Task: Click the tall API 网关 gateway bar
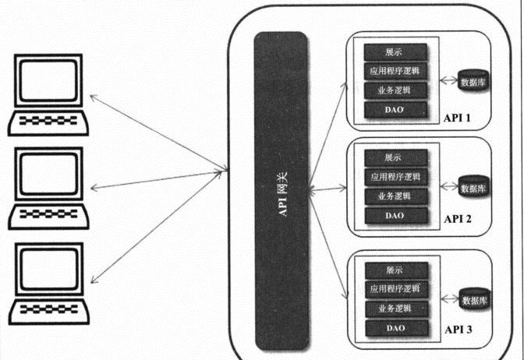point(281,191)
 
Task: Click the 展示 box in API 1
point(395,53)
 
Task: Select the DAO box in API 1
point(395,110)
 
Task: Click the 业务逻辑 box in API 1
point(395,90)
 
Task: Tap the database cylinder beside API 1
point(474,80)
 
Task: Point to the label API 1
point(458,118)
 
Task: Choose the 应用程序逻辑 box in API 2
point(395,175)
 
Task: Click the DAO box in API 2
point(395,214)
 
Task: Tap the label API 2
point(458,221)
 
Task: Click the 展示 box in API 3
point(395,270)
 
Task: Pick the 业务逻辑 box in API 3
point(395,309)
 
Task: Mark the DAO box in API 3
point(395,328)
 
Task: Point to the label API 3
point(458,330)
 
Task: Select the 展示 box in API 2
point(395,157)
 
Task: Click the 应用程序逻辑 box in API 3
point(395,289)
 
